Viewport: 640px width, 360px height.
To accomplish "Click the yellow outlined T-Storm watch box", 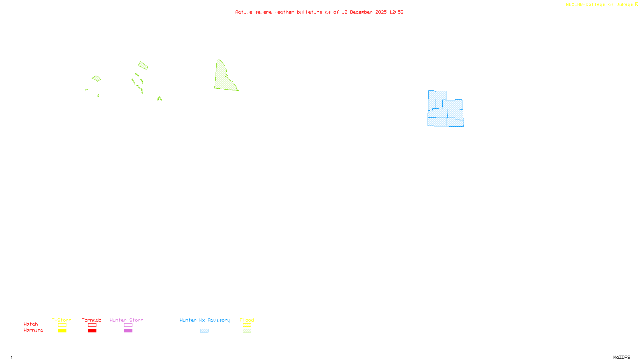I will tap(62, 325).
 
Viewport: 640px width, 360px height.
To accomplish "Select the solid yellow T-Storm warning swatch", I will tap(62, 331).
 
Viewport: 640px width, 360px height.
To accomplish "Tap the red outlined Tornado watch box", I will tap(92, 325).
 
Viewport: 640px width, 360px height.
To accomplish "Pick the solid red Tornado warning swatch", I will tap(92, 331).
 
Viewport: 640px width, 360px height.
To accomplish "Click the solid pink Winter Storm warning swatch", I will tap(128, 331).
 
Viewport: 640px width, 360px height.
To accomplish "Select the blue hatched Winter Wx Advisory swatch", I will tap(204, 331).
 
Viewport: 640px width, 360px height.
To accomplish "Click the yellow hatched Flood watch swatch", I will tap(247, 325).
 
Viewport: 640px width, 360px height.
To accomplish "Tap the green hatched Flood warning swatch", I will tap(247, 331).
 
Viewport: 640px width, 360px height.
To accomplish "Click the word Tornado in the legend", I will tap(92, 320).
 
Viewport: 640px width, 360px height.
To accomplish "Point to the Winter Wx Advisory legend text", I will tap(205, 320).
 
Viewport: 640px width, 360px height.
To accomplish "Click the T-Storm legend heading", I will tap(62, 320).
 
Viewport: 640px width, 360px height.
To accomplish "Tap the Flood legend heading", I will tap(247, 320).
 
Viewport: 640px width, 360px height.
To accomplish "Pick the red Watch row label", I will tap(31, 324).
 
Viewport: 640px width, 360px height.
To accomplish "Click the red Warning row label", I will tap(33, 330).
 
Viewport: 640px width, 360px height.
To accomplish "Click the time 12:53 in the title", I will tap(396, 12).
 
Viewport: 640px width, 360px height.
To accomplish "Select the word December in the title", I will tap(361, 12).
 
